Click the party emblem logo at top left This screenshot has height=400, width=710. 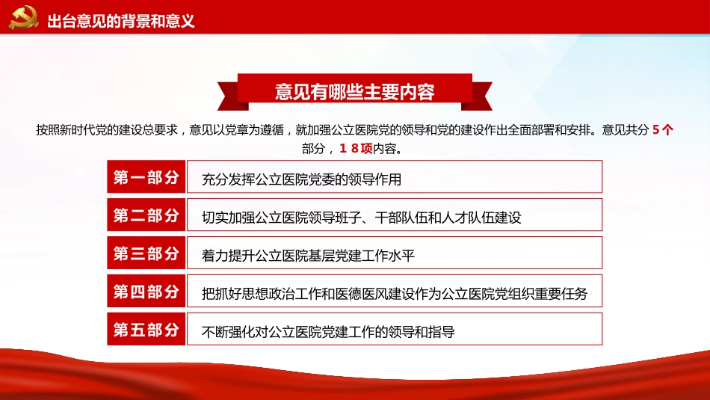pos(23,19)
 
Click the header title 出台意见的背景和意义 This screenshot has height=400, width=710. pos(121,20)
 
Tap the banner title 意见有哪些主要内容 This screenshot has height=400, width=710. pos(354,92)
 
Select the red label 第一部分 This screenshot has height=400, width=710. pos(146,177)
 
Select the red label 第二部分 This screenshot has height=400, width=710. pos(146,215)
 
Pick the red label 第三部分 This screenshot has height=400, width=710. pos(146,253)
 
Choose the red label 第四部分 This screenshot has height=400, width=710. pos(146,292)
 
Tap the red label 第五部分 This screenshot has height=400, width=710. pos(146,330)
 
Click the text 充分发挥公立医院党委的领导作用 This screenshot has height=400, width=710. pos(302,180)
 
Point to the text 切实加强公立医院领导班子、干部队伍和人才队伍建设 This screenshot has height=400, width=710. pos(362,218)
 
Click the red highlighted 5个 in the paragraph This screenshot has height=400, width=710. pos(663,129)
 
